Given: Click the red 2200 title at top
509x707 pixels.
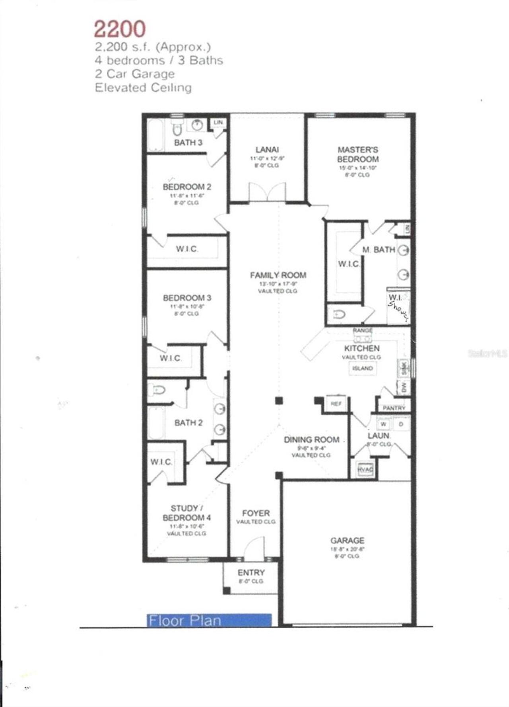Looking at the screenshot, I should [120, 29].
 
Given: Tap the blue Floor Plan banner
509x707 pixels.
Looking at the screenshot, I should [209, 620].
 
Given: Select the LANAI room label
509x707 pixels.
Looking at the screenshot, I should [267, 150].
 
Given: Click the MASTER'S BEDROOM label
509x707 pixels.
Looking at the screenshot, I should [358, 154].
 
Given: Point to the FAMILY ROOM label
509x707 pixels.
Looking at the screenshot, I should [278, 275].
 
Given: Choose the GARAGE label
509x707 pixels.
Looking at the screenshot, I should [347, 540].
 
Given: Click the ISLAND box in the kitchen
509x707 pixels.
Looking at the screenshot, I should [362, 368].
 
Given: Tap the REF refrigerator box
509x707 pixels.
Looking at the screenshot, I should [336, 404].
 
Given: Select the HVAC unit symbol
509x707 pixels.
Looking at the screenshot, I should [365, 469].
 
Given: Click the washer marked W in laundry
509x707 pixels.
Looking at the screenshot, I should [383, 424].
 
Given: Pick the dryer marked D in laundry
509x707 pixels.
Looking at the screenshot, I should [401, 424].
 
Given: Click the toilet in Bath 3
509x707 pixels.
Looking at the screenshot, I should [177, 129].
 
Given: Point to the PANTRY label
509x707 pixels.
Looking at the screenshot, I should [394, 408].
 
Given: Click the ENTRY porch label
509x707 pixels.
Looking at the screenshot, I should [251, 572].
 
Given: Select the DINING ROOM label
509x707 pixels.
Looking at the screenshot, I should [311, 439].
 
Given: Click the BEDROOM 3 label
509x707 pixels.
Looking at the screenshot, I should [187, 298].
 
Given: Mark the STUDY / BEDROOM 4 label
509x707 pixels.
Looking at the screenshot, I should [187, 513].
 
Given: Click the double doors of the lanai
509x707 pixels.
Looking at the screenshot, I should [267, 193].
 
